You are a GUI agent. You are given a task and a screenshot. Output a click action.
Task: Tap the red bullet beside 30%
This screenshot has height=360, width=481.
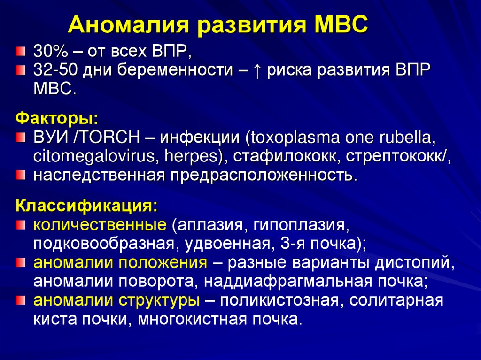20,51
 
